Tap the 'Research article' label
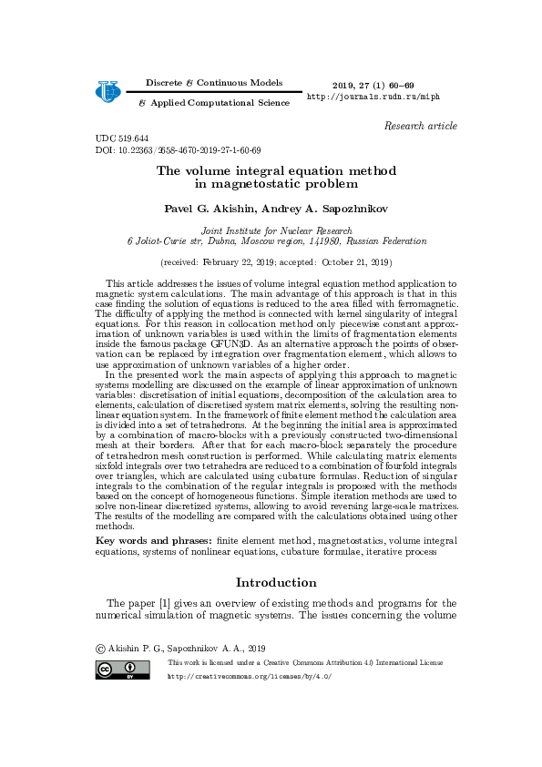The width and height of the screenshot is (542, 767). (420, 126)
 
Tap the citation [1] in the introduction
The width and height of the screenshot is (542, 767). (167, 603)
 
